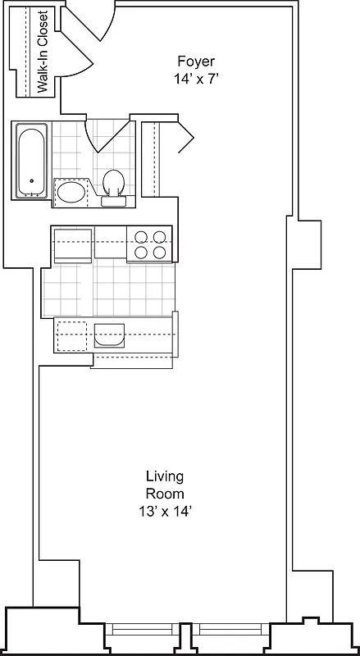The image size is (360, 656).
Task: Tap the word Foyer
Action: pos(196,61)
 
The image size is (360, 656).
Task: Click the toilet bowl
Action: pos(112,180)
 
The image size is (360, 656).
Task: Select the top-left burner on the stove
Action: pos(140,237)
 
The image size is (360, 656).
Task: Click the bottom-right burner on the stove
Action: pos(159,253)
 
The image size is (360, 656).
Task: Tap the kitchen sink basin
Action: pos(109,335)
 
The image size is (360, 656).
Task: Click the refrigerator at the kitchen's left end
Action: pos(72,244)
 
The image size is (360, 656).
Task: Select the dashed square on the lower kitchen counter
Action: pos(72,335)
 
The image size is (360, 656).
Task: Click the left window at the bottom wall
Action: pos(144,630)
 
